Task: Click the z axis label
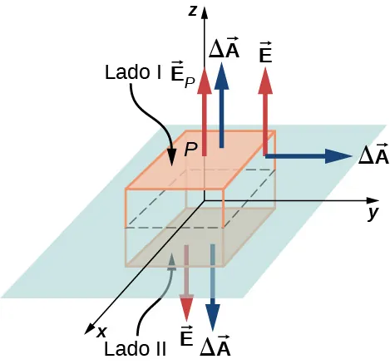pyautogui.click(x=192, y=10)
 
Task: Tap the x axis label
pyautogui.click(x=101, y=331)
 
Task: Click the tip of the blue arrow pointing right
pyautogui.click(x=351, y=155)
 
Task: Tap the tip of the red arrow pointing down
pyautogui.click(x=188, y=319)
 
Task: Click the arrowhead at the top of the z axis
pyautogui.click(x=205, y=10)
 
